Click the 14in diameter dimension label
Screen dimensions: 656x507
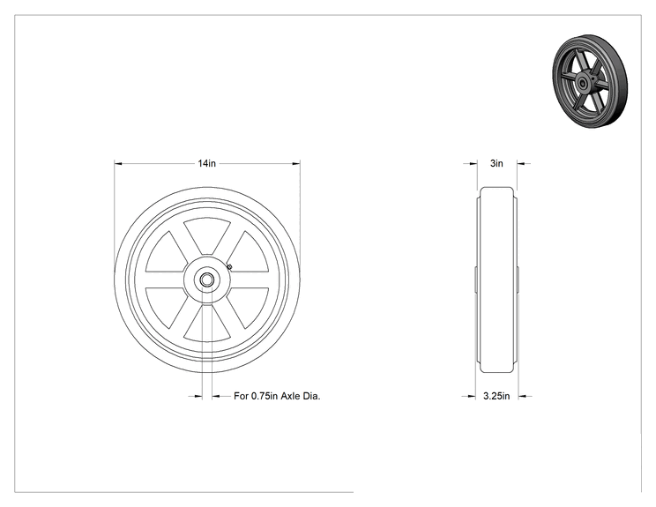point(206,163)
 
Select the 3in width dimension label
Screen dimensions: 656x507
point(496,163)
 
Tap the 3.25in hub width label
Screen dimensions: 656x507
point(496,396)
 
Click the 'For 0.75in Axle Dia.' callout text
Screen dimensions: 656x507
point(277,396)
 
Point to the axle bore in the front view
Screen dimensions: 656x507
point(206,280)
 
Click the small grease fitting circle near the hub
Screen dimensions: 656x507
point(229,266)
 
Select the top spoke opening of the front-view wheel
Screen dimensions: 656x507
point(207,235)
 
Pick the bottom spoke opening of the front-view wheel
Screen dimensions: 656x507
point(207,324)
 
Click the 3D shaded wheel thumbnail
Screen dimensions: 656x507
point(590,82)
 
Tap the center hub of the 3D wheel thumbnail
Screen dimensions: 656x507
point(582,82)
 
